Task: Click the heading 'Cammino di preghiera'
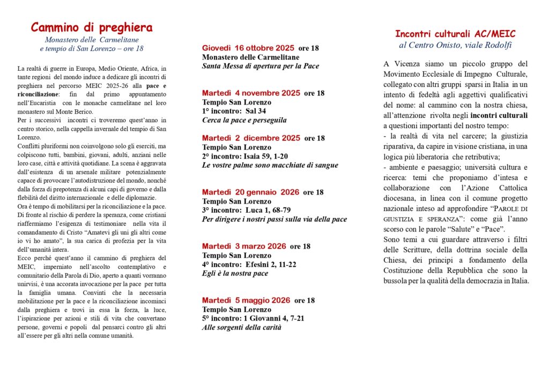point(92,28)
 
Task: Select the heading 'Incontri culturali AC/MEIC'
point(455,34)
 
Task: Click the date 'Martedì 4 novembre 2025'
point(251,93)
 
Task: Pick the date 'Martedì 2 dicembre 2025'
point(251,138)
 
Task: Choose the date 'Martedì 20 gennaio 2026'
point(250,192)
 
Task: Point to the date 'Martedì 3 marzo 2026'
point(244,247)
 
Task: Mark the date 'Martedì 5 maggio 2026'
point(246,300)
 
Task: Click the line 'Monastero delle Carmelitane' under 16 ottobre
point(250,57)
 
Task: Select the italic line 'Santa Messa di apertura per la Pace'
point(260,66)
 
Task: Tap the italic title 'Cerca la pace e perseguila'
point(244,120)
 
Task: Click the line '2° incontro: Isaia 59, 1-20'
point(245,156)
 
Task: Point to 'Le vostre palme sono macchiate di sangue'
point(270,165)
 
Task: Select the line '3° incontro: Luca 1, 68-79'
point(246,210)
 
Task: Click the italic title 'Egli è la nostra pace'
point(235,273)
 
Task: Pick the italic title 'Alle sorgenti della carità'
point(241,327)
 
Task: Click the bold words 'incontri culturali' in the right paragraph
point(499,115)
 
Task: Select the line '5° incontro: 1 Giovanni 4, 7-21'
point(253,318)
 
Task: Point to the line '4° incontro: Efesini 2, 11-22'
point(249,264)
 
